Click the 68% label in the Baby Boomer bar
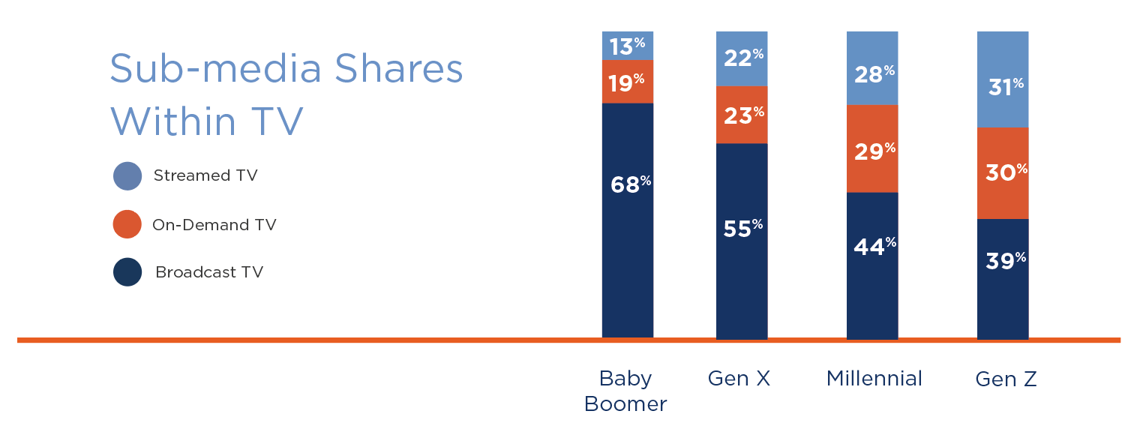[628, 184]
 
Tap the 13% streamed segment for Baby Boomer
[628, 46]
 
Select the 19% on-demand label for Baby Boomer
[628, 82]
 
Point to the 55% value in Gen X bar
[742, 228]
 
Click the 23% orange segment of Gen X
[742, 115]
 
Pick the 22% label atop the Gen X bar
[742, 58]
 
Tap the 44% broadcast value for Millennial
[872, 246]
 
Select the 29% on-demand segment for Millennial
[872, 150]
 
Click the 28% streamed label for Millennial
[872, 73]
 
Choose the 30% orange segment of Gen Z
[1003, 172]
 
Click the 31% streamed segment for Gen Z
[1003, 86]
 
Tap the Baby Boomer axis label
[625, 391]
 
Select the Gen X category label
[739, 379]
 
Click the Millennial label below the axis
[874, 379]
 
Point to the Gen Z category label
[1006, 379]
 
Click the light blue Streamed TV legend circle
[127, 175]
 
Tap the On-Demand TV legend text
[214, 224]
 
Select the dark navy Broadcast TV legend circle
[127, 271]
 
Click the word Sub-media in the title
[216, 70]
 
